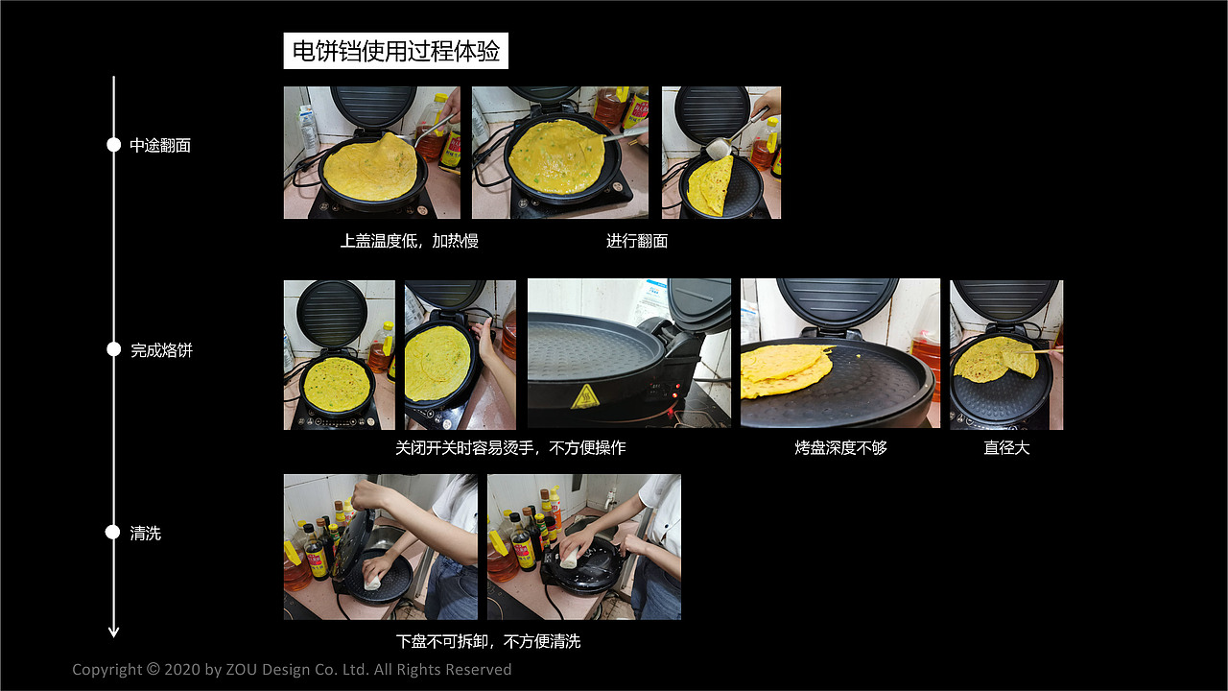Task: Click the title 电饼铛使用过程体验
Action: [395, 52]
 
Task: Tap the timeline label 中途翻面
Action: [160, 146]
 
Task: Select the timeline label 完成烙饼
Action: [161, 351]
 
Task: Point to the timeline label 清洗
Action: [146, 534]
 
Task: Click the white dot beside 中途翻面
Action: [113, 145]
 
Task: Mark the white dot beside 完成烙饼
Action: [113, 350]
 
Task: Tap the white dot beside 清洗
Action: [113, 533]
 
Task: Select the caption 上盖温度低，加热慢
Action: [409, 242]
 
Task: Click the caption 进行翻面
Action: [637, 242]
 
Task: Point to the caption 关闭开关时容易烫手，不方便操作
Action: [510, 448]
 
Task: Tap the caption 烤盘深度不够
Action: [840, 448]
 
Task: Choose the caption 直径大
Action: [1006, 448]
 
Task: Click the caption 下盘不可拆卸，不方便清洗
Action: [488, 642]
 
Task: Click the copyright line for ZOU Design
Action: [292, 670]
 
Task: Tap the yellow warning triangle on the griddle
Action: [584, 395]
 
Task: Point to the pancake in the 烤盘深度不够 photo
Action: [785, 369]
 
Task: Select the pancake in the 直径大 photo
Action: [994, 359]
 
